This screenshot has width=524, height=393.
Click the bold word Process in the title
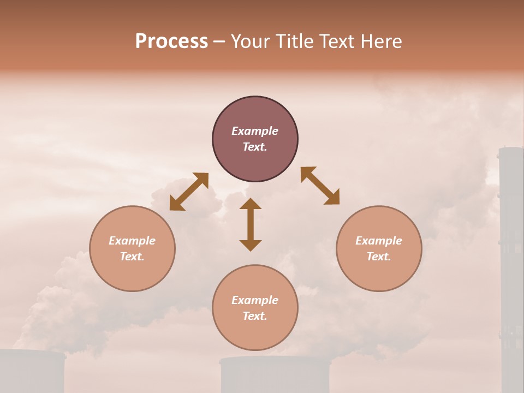(x=171, y=41)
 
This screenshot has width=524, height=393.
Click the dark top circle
(x=255, y=139)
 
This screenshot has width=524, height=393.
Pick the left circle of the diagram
(x=132, y=248)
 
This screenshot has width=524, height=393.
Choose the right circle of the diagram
(x=379, y=248)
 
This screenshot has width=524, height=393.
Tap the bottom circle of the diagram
(x=255, y=308)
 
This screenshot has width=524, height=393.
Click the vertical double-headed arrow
(x=251, y=224)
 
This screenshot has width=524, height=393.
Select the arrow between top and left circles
(x=189, y=191)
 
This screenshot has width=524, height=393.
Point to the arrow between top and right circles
(x=320, y=186)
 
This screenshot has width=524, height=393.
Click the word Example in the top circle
(x=255, y=131)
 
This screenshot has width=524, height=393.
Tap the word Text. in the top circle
(x=255, y=147)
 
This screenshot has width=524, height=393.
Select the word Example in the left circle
(x=132, y=241)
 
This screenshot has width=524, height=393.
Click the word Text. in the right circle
(x=379, y=257)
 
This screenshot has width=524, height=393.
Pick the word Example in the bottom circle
(x=255, y=300)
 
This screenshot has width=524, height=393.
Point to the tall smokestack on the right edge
(x=511, y=262)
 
